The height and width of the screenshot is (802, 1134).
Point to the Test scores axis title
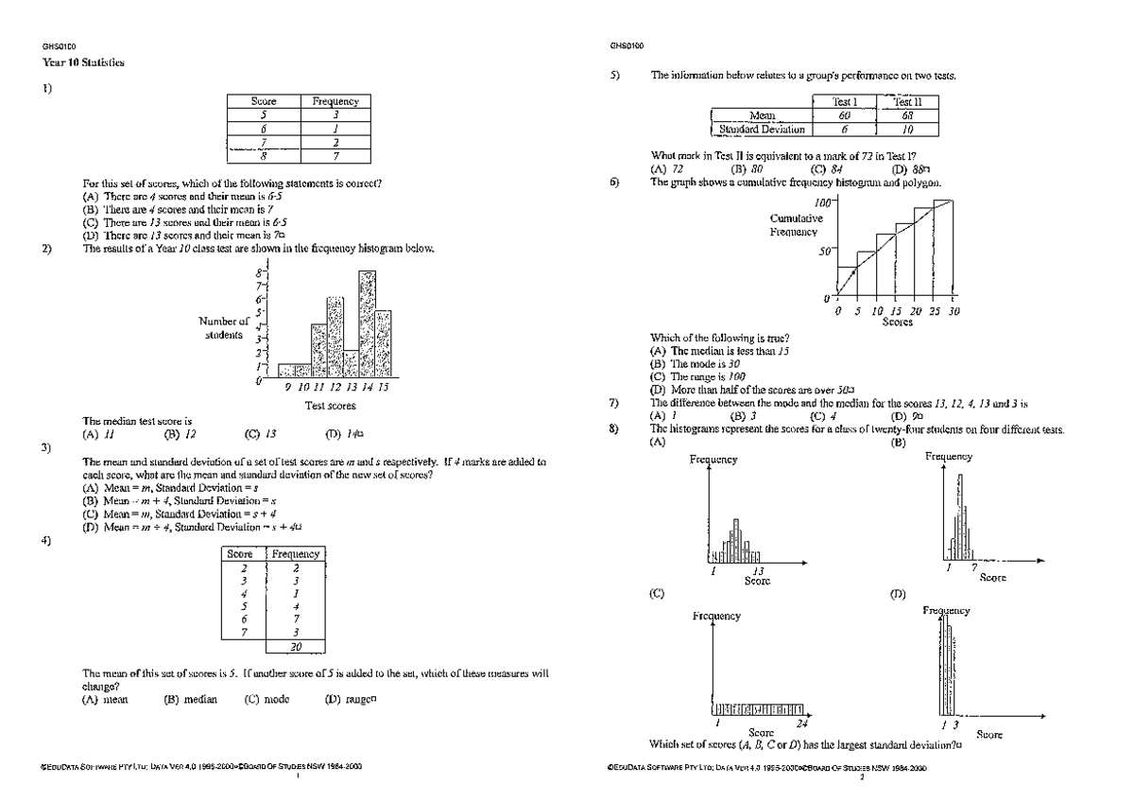330,406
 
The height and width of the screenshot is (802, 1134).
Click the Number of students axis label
224,327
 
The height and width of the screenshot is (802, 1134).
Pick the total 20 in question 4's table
296,647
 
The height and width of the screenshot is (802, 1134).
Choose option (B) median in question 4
191,700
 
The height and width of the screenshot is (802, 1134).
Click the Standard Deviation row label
762,130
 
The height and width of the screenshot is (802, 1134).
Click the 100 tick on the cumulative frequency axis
822,202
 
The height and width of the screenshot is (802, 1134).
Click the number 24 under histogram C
801,723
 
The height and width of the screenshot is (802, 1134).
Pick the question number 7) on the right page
615,404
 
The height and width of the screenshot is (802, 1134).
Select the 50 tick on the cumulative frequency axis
825,251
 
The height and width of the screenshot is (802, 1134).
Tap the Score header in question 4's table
240,554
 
